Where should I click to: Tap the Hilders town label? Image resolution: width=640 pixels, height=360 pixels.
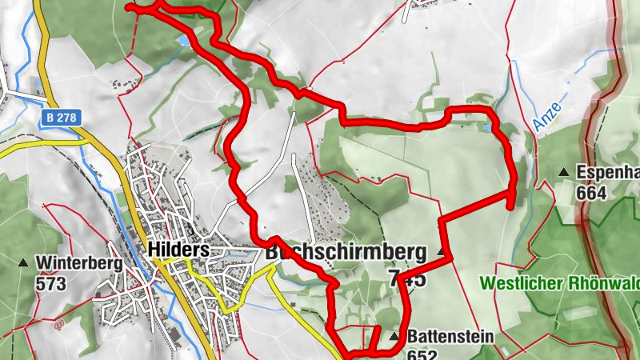point(178,250)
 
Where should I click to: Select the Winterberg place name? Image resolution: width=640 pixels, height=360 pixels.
point(78,262)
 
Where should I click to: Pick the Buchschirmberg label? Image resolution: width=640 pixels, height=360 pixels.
point(346,252)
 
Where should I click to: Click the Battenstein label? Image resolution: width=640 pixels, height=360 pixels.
point(450,337)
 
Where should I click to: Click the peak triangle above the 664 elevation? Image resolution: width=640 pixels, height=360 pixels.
point(564,172)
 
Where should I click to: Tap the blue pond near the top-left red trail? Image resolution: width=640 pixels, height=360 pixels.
point(186,39)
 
